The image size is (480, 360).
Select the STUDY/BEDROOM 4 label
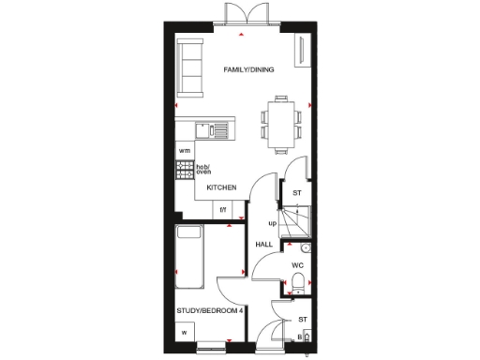210,310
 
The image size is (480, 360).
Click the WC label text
297,265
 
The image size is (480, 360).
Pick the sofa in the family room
189,67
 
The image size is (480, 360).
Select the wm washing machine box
185,151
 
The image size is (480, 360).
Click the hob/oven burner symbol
184,171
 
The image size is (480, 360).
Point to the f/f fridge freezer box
224,211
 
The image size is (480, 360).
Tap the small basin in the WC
305,247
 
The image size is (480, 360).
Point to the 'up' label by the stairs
272,224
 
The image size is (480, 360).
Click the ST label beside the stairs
297,193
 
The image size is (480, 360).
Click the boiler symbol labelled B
299,336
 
